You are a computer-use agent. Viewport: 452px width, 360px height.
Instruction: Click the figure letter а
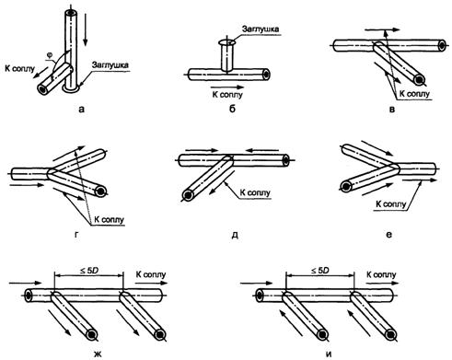[x=81, y=109]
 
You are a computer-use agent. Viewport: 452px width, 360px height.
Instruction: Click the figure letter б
[x=232, y=109]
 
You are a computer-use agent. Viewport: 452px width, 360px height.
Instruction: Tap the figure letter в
[x=392, y=109]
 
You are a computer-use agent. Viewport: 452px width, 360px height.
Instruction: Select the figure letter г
[x=75, y=235]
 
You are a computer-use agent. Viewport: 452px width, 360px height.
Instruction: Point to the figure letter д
[x=235, y=236]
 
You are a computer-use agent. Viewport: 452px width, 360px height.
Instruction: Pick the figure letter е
[x=388, y=235]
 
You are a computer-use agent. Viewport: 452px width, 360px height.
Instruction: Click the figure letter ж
[x=97, y=354]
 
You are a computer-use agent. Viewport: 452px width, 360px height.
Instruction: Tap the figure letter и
[x=329, y=354]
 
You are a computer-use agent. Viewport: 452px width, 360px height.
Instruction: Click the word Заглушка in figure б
[x=261, y=29]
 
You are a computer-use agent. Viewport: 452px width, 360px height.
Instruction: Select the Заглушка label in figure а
[x=110, y=64]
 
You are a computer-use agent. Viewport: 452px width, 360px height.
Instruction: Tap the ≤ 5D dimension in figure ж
[x=89, y=271]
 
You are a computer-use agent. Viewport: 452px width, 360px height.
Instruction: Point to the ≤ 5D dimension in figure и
[x=320, y=271]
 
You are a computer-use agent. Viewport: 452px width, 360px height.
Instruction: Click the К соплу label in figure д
[x=255, y=192]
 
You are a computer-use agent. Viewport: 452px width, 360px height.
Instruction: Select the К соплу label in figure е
[x=391, y=203]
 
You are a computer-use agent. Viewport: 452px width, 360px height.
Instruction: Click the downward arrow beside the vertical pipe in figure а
[x=86, y=31]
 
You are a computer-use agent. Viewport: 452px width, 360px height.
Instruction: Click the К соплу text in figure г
[x=110, y=220]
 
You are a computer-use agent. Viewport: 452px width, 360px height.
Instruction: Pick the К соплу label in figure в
[x=414, y=94]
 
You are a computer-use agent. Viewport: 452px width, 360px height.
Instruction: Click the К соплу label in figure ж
[x=151, y=274]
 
